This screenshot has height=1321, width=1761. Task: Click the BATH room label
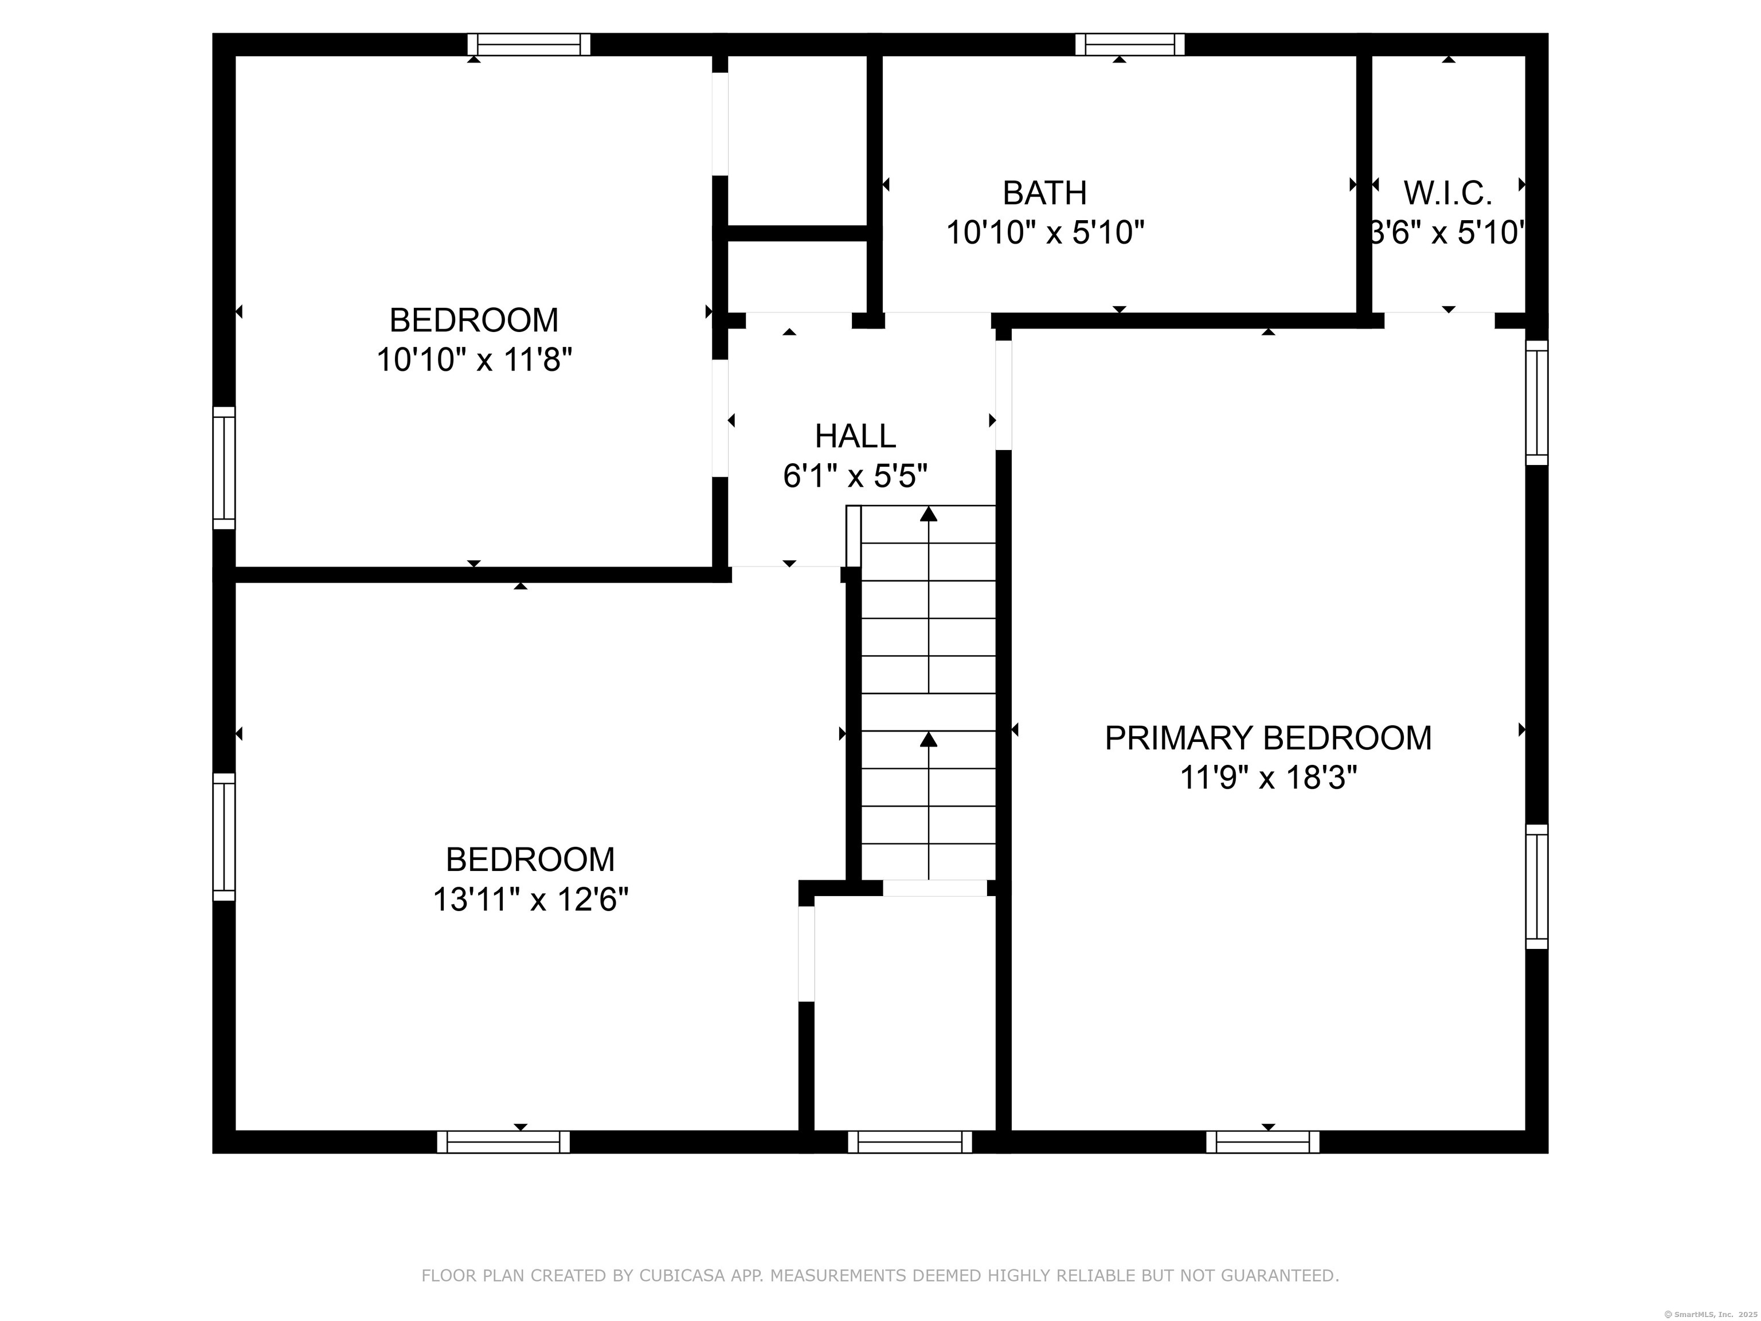[1044, 193]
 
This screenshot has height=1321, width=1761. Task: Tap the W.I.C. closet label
[1447, 193]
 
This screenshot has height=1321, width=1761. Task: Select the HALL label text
[855, 436]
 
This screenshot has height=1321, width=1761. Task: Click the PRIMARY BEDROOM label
[1267, 738]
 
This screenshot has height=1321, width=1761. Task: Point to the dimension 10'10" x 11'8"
[475, 360]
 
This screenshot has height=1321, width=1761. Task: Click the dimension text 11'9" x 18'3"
[1267, 777]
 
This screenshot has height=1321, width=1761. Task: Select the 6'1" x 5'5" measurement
[855, 476]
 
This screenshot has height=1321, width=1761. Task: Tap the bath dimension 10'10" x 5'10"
[1044, 233]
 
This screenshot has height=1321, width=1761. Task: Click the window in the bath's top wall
[1130, 45]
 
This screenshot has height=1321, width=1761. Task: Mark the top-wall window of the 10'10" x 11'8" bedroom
[529, 45]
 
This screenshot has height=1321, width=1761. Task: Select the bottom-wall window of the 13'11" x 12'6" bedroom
[503, 1142]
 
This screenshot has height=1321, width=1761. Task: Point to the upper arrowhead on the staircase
[928, 514]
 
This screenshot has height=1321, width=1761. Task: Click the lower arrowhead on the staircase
[928, 739]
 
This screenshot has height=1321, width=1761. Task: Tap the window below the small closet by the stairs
[910, 1142]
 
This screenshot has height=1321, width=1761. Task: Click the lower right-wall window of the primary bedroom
[1536, 886]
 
